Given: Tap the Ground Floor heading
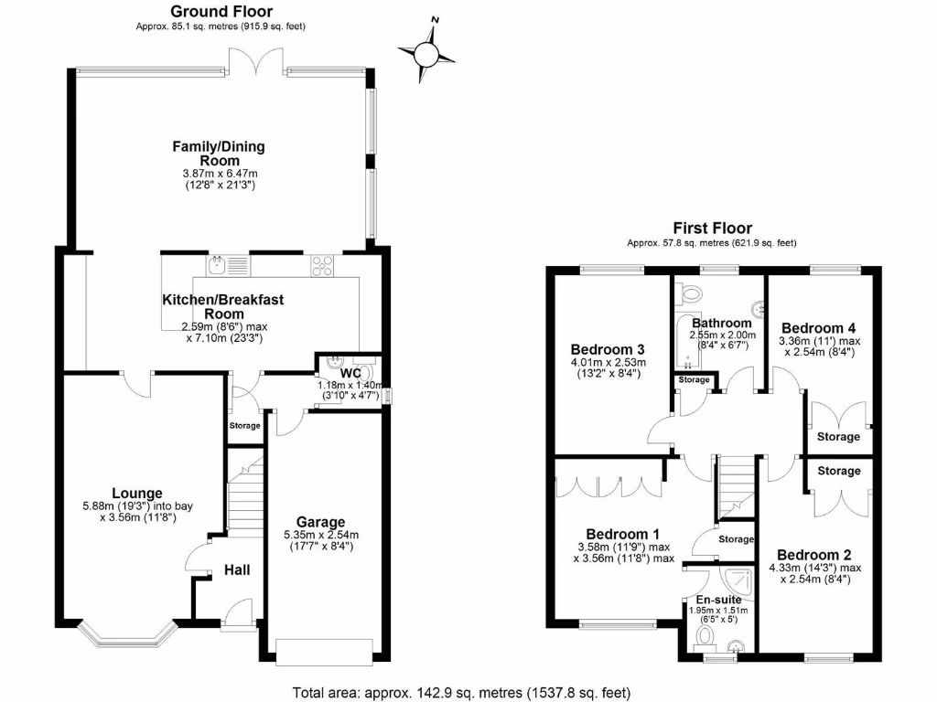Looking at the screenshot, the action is pos(221,11).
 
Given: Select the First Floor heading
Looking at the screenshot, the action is pos(712,228).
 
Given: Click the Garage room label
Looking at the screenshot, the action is pos(321,522).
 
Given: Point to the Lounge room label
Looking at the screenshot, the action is pos(137,493).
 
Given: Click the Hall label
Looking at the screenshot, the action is pos(237,570).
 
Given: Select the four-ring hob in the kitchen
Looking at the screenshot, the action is pos(322,266).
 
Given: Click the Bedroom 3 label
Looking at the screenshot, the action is pos(608,349).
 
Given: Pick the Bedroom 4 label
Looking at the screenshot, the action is pos(819,328).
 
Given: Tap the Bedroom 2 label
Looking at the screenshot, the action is pos(813,555).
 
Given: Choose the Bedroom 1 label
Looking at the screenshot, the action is pos(623,534).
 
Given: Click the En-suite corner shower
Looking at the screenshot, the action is pos(738,582).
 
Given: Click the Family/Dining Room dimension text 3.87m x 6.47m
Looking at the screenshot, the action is pos(220,174).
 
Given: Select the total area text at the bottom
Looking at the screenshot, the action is pos(461,693).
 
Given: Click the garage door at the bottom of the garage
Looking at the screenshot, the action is pos(325,651).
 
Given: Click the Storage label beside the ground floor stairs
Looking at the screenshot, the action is pos(244,426).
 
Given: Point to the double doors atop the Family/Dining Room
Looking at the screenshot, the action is pos(256,61).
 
